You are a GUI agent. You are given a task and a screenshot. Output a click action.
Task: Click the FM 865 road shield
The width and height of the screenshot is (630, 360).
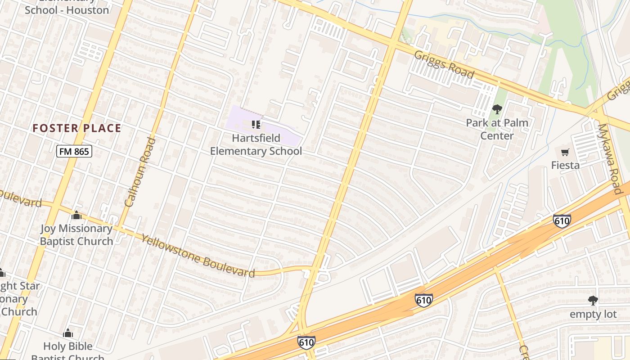74,152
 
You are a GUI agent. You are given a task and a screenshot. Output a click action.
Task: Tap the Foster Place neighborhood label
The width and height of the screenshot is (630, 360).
76,128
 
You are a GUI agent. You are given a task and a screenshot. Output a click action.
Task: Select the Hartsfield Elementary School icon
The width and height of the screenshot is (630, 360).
256,125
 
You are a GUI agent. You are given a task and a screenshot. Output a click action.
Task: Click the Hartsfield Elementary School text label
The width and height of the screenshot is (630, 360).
256,144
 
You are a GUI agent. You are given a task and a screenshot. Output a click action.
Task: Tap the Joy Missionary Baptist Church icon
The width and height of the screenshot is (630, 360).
76,215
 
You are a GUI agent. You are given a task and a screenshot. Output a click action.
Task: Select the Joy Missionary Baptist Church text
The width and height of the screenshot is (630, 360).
76,235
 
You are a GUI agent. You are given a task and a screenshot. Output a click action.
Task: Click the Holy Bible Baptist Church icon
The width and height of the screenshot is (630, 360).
68,333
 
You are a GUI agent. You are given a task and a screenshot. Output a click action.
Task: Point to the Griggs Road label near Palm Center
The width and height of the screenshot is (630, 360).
444,64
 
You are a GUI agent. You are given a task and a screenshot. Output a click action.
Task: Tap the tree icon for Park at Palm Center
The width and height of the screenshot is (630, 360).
497,109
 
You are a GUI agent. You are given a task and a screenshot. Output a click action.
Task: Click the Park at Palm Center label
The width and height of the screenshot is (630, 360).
497,129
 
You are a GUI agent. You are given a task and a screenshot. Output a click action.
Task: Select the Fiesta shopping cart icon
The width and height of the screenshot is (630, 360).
565,152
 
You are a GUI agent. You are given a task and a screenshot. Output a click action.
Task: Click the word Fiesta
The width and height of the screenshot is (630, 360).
565,165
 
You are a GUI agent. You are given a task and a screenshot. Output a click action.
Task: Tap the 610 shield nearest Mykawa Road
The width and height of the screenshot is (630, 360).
562,221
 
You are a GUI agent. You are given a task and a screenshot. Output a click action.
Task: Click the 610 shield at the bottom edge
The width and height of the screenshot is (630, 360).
306,342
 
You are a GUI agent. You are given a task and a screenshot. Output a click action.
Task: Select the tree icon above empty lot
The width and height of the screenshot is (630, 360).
593,301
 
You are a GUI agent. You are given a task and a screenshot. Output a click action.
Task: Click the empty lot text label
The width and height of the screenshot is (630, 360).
593,314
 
